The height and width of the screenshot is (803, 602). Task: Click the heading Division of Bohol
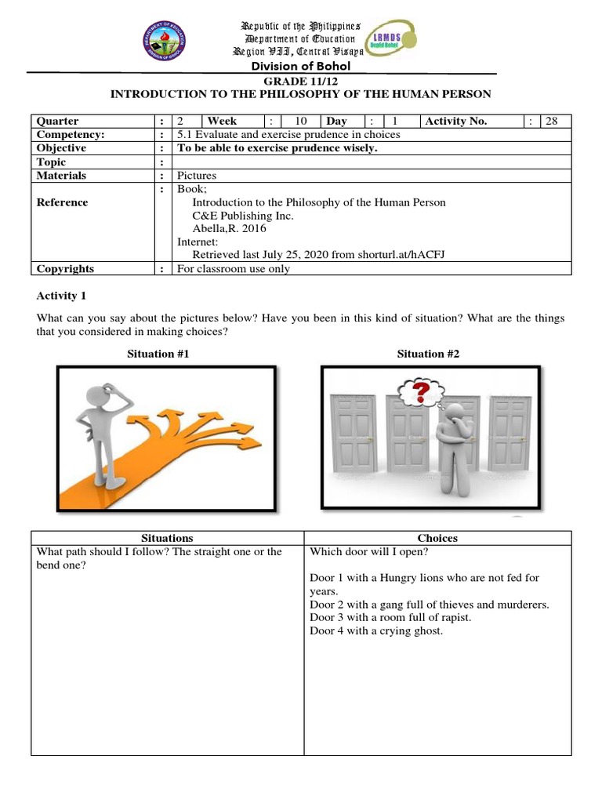tap(300, 66)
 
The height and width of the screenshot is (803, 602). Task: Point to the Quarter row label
tap(58, 121)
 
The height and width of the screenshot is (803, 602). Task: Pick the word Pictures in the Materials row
tap(196, 176)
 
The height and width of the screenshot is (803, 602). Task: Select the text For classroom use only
tap(233, 269)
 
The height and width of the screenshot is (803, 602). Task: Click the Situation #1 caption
tap(158, 354)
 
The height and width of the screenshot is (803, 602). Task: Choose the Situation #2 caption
tap(428, 354)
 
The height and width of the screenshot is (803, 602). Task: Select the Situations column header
tap(167, 538)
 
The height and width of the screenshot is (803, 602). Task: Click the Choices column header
tap(437, 538)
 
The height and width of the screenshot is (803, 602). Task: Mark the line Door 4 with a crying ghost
tap(376, 630)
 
